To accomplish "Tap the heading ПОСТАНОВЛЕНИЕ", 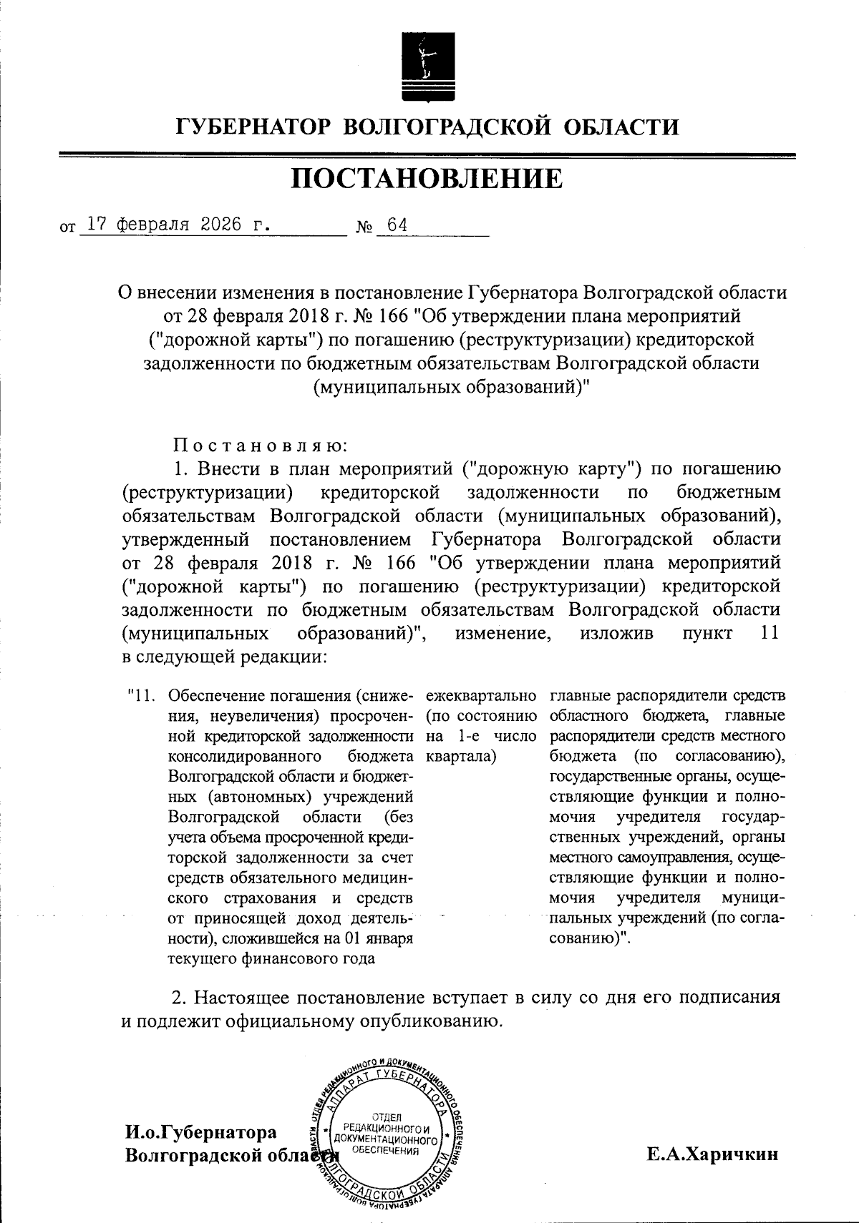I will point(427,179).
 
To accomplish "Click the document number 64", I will point(397,225).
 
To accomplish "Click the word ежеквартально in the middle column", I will point(481,696).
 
